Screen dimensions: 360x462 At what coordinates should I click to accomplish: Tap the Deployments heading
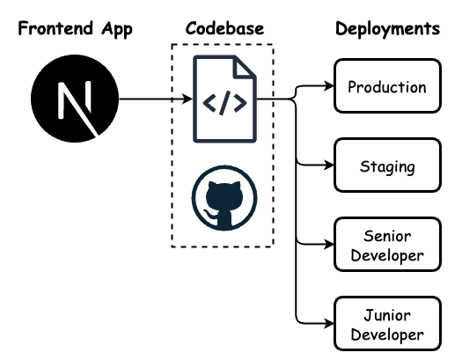387,28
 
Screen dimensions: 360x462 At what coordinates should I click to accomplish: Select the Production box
386,86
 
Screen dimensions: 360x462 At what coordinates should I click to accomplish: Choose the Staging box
386,165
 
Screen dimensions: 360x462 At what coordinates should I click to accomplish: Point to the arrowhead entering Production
329,86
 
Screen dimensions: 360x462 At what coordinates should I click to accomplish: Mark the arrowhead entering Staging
329,165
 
